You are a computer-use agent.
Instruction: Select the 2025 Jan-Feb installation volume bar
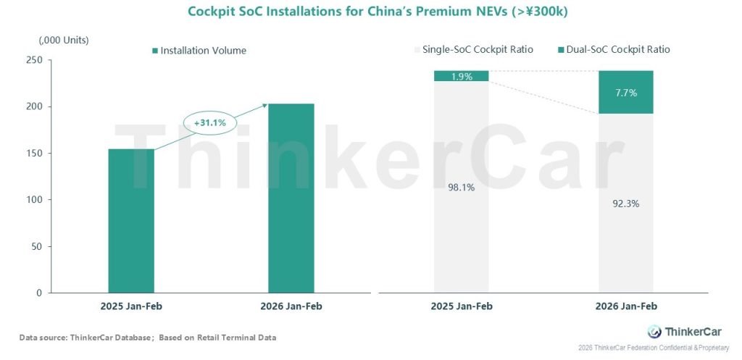[131, 221]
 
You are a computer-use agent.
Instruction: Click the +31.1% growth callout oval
[209, 123]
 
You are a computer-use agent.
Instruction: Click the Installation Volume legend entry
[199, 51]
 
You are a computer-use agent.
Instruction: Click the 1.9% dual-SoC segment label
[462, 76]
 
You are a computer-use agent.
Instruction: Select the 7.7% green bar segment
[625, 92]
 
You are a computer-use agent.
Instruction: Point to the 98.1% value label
[462, 188]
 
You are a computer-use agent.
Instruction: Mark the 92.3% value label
[625, 204]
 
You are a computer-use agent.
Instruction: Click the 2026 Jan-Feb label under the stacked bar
[625, 306]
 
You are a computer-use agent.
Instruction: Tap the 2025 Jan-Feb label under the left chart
[131, 306]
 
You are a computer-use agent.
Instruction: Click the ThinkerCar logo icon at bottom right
[654, 332]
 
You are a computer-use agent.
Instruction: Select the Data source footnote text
[148, 338]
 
